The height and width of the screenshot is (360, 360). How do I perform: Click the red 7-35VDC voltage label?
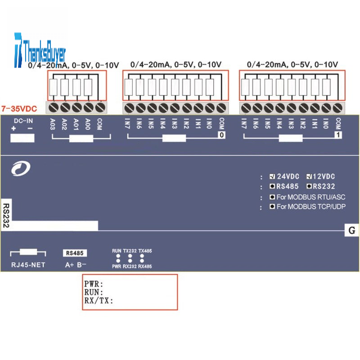[x=19, y=109]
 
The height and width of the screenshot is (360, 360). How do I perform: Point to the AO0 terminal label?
[x=88, y=125]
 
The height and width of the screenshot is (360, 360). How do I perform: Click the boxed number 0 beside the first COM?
[x=221, y=135]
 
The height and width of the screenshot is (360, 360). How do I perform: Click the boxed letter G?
[x=351, y=231]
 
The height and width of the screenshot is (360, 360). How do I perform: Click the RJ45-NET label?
[x=28, y=265]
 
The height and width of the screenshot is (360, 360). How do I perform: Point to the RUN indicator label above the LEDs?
[x=117, y=251]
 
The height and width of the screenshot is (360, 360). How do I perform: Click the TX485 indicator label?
[x=145, y=251]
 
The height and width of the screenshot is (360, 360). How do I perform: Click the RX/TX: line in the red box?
[x=99, y=301]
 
